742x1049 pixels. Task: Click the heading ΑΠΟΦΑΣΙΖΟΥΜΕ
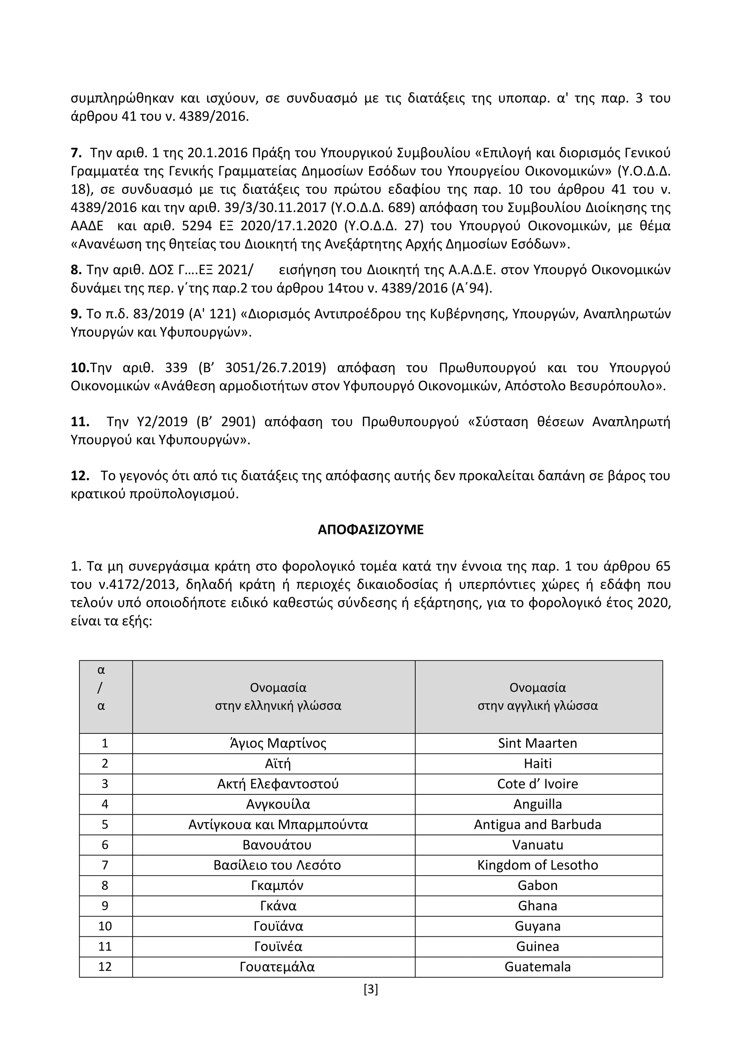(371, 530)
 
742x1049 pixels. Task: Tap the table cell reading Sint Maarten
(537, 743)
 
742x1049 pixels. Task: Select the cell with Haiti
(537, 764)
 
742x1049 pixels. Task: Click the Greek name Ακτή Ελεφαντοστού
(278, 784)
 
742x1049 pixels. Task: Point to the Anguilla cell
(537, 804)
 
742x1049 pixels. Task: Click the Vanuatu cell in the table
(537, 845)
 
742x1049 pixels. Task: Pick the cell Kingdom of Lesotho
(537, 865)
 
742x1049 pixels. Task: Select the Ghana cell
(537, 906)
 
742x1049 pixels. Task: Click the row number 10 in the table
(105, 926)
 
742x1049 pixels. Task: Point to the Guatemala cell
(537, 967)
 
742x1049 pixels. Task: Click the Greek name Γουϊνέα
(278, 946)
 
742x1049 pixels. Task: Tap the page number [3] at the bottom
(371, 989)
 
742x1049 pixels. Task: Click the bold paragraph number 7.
(76, 152)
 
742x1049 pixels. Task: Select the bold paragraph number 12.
(80, 476)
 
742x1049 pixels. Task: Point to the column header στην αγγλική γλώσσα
(537, 706)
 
